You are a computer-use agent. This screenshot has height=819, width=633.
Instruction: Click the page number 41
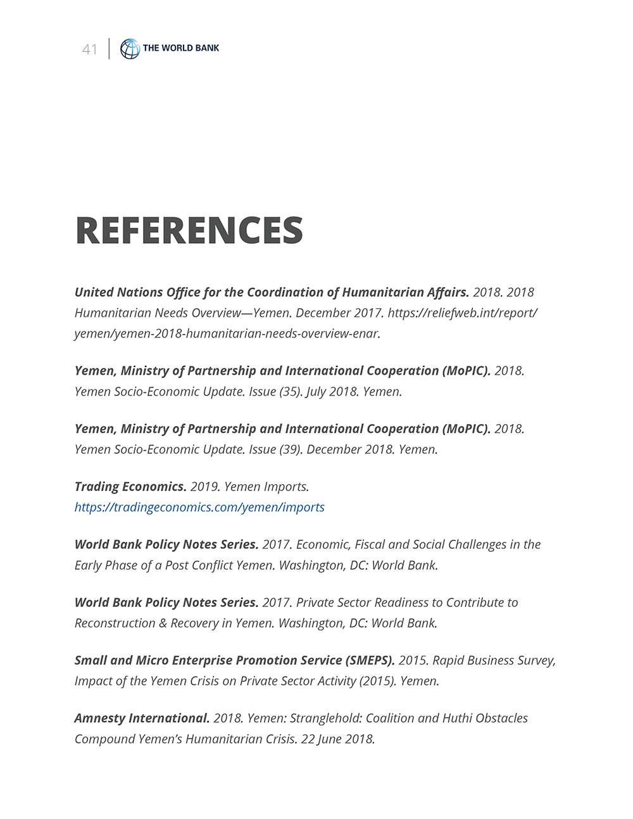coord(90,49)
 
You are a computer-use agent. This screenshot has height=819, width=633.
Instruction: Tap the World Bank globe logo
coord(130,49)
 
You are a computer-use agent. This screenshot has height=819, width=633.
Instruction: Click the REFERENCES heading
coord(189,230)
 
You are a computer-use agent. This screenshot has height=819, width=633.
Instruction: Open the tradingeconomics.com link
coord(199,508)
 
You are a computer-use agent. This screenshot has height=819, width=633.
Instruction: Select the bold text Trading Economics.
coord(130,487)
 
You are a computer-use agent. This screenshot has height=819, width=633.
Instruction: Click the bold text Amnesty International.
coord(142,718)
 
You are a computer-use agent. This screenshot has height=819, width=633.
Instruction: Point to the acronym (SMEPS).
coord(370,661)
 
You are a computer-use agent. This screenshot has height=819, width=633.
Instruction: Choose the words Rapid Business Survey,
coord(494,661)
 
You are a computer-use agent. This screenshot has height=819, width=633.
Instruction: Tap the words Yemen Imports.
coord(266,487)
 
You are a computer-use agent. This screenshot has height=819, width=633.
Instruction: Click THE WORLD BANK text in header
coord(181,48)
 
